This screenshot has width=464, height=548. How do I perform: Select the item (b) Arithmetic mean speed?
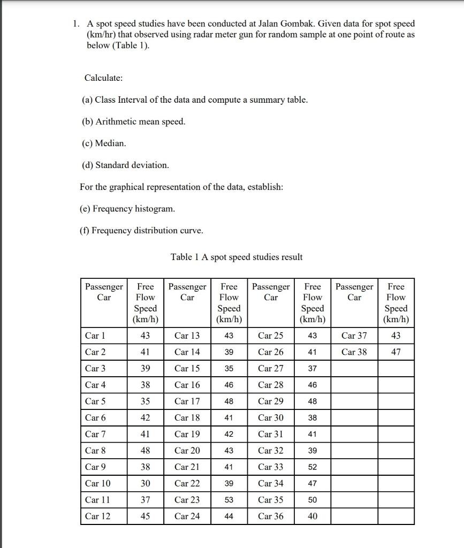134,121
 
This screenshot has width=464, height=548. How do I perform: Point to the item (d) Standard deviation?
125,165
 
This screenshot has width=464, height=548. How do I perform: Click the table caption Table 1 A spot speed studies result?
237,257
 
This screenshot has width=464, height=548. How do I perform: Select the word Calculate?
103,78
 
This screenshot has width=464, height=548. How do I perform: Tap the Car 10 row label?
98,483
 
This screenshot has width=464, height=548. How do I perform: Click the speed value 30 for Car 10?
145,483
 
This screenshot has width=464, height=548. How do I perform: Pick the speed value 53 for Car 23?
229,500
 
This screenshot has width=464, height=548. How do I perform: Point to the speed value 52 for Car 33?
313,467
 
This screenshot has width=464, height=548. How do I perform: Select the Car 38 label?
354,352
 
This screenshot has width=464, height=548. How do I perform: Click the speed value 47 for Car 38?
395,352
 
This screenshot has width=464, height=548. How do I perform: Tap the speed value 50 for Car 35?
313,500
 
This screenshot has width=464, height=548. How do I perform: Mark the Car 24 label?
187,516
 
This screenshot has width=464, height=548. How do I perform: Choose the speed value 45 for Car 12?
145,516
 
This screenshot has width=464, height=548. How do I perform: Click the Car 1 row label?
95,336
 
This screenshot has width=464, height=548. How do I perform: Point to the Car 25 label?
271,336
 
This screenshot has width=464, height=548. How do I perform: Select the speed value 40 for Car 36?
313,516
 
